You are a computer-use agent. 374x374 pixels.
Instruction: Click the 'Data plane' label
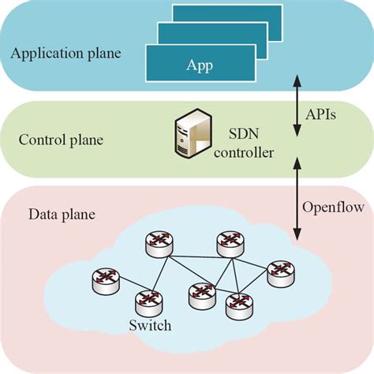(x=56, y=214)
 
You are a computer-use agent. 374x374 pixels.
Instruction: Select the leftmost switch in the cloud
(x=103, y=279)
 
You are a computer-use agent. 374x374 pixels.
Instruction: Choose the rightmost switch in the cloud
(x=279, y=271)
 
